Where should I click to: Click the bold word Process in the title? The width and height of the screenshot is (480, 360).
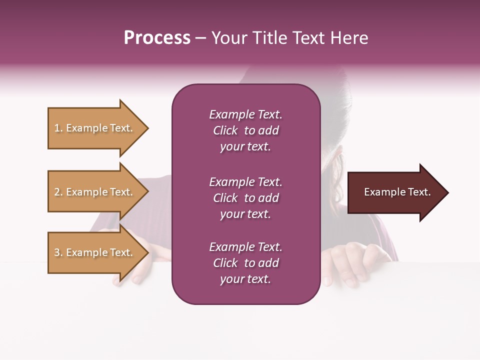pyautogui.click(x=157, y=38)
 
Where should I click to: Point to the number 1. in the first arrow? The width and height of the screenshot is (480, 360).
pyautogui.click(x=58, y=128)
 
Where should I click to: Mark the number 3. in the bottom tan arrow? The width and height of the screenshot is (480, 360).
pyautogui.click(x=58, y=253)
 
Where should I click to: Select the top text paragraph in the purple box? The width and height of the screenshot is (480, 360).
pyautogui.click(x=245, y=130)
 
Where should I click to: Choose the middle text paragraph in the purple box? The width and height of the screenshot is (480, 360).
pyautogui.click(x=245, y=198)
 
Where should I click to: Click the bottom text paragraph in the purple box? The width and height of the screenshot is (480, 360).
pyautogui.click(x=245, y=263)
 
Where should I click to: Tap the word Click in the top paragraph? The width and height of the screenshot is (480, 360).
pyautogui.click(x=225, y=131)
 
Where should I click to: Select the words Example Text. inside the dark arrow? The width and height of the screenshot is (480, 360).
pyautogui.click(x=397, y=192)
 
